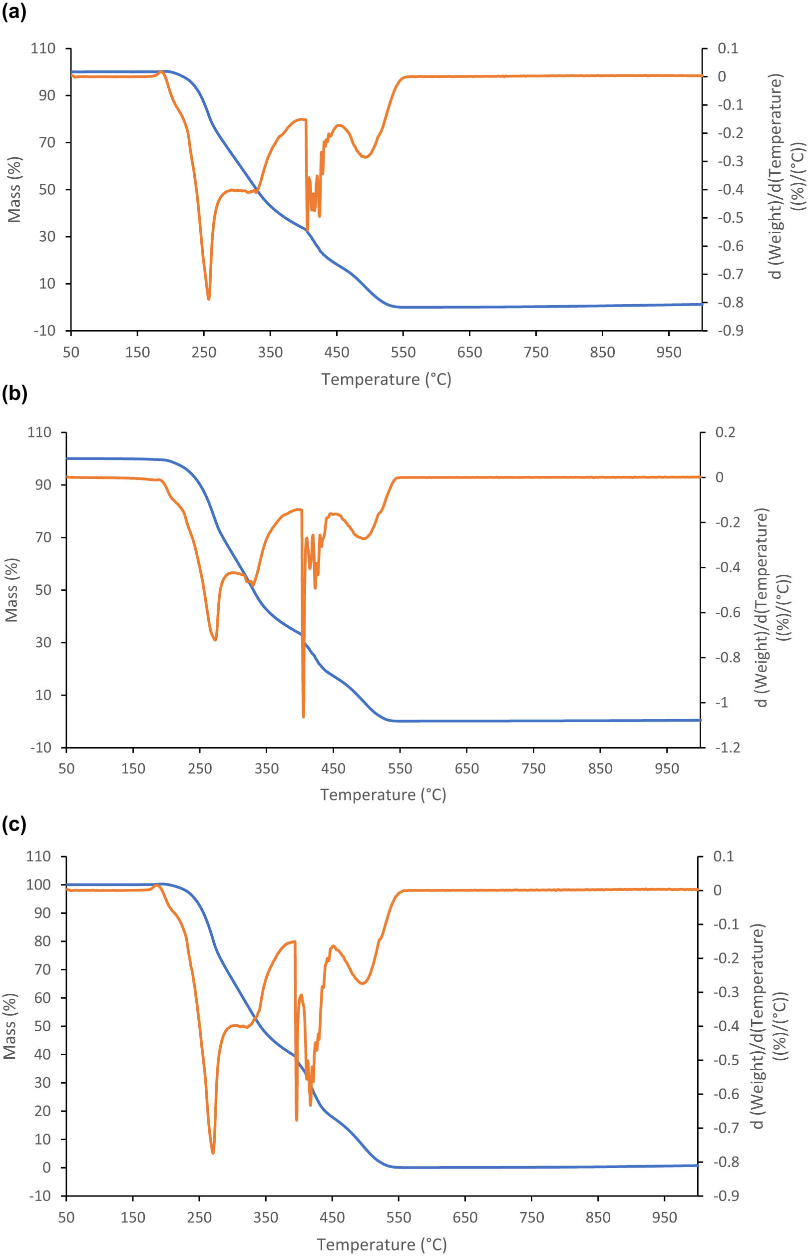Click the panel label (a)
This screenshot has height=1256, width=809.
click(x=13, y=11)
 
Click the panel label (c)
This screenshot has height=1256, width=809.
click(x=13, y=824)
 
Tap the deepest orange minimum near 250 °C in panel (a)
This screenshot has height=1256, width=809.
click(x=209, y=298)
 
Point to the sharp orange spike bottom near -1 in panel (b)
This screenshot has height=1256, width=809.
click(x=304, y=716)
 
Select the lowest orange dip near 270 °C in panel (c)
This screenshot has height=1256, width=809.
click(x=213, y=1153)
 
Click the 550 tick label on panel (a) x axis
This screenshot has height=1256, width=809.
click(x=403, y=353)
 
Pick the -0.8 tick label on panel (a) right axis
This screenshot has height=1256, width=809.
click(x=730, y=303)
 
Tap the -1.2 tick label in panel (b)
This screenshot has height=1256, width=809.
click(x=727, y=748)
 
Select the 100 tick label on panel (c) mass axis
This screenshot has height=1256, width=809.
click(x=38, y=884)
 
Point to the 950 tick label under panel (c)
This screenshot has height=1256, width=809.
click(x=664, y=1217)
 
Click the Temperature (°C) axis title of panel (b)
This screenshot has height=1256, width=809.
click(x=383, y=795)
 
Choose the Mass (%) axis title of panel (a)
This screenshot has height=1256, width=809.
click(x=13, y=190)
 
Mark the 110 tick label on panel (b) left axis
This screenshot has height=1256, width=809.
click(x=39, y=432)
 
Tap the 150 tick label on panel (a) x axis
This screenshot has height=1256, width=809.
click(x=137, y=353)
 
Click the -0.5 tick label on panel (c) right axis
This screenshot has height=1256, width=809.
click(x=726, y=1060)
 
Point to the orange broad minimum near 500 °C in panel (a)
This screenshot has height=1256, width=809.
click(x=365, y=156)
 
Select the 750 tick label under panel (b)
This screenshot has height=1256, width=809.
click(x=533, y=769)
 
